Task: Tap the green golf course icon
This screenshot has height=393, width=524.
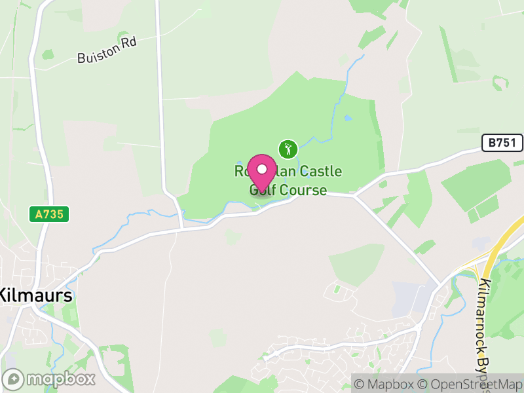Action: click(288, 148)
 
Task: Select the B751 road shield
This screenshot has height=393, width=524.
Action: click(500, 142)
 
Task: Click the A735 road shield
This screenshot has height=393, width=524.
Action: click(48, 214)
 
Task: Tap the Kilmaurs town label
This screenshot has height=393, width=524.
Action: click(36, 295)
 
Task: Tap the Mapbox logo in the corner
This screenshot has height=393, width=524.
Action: click(50, 379)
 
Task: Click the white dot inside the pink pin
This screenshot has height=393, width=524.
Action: click(262, 168)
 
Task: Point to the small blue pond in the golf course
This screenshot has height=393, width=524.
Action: click(348, 119)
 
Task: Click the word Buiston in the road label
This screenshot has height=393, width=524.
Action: click(92, 56)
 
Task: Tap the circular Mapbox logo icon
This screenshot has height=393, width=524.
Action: click(14, 379)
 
